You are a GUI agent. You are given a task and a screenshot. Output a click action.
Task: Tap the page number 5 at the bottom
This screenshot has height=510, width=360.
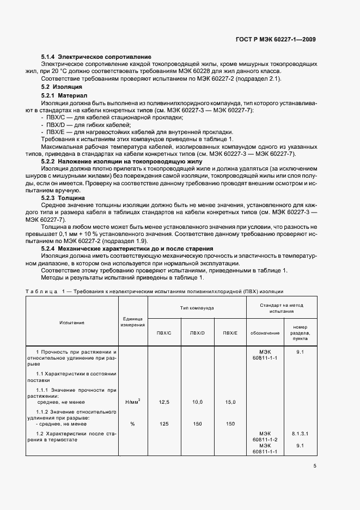315,466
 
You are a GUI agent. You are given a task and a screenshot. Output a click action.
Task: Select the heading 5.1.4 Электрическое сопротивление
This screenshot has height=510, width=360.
96,57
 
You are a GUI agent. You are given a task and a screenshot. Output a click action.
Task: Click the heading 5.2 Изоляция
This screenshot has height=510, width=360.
62,87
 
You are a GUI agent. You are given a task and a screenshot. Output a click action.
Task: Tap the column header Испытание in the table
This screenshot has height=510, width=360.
72,323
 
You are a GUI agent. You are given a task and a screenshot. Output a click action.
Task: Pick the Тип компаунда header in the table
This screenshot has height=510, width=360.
197,308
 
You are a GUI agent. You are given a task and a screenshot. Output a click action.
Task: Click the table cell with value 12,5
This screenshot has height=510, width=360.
164,402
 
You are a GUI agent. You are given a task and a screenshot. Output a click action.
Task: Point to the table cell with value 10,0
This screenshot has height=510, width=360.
197,402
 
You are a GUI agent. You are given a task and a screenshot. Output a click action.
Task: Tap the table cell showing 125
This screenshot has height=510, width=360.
164,423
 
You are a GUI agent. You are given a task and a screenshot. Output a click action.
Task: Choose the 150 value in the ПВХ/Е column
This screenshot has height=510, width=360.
230,423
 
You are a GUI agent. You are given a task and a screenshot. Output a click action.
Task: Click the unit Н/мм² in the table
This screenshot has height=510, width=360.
132,402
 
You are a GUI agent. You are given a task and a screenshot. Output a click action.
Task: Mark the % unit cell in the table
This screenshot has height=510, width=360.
132,423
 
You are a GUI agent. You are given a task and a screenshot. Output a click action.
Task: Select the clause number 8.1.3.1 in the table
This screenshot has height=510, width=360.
300,434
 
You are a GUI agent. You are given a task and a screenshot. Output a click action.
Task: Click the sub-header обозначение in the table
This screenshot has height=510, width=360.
265,333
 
